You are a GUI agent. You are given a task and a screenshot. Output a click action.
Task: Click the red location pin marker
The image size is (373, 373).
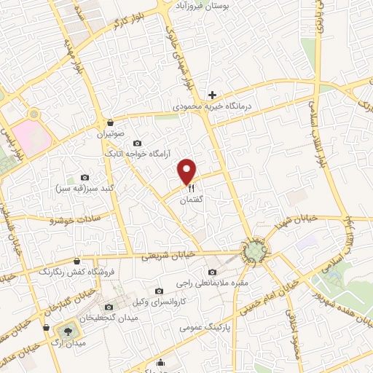tap(188, 171)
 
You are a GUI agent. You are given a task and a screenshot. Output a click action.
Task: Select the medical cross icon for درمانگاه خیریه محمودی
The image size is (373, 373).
tap(212, 95)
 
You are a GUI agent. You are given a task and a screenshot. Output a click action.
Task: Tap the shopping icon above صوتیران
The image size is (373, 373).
tap(110, 122)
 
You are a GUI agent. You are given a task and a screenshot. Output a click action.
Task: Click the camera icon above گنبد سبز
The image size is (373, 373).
tap(85, 177)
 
